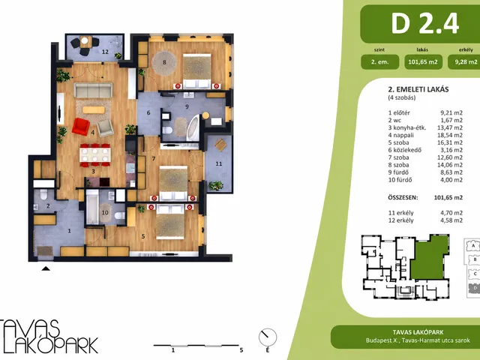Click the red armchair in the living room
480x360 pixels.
coord(81,127)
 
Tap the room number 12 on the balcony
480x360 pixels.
coord(105,52)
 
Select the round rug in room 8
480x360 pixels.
coord(164,63)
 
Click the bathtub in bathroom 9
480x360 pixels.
coord(193,128)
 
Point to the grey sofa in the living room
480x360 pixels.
coord(93,90)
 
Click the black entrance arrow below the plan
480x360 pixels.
coord(46,268)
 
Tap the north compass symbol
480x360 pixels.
coord(268,337)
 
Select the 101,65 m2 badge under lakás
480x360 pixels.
coord(423,61)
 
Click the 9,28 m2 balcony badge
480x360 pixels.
coord(465,61)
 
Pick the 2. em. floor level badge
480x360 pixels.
coord(380,61)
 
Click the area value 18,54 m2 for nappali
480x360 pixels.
coord(450,135)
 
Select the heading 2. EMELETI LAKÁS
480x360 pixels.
coord(418,89)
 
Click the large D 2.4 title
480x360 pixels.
coord(425,23)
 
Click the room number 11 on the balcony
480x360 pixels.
coord(218,163)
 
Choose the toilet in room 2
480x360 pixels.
coord(43,194)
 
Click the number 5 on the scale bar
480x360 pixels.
coord(241,350)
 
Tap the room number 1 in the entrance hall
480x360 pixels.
coord(70,230)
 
